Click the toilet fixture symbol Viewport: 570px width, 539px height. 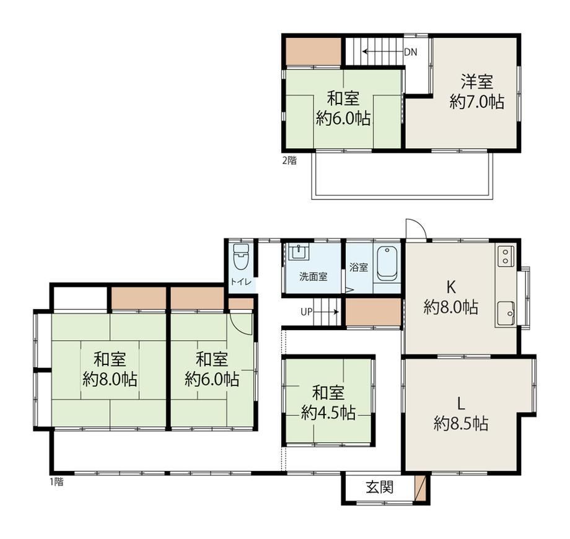[x=240, y=256]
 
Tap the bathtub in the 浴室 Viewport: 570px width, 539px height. [x=387, y=264]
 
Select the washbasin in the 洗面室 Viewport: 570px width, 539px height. [x=299, y=252]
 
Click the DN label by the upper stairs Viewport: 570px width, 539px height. [x=411, y=52]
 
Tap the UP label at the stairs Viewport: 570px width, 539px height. [x=306, y=312]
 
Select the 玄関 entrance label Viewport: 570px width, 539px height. [x=380, y=487]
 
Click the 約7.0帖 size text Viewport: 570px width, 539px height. [x=476, y=102]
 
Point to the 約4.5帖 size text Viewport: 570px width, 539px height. [x=328, y=413]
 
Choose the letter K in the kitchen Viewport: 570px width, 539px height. [x=451, y=287]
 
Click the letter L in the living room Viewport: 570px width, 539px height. [x=460, y=403]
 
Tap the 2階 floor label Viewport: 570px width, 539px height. [x=289, y=160]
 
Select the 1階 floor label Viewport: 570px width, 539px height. [x=56, y=481]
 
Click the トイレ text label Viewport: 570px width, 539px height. [x=240, y=281]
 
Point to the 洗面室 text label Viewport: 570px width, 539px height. [x=313, y=276]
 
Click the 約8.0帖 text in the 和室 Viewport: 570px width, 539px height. [x=110, y=380]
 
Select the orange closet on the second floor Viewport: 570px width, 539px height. [x=313, y=51]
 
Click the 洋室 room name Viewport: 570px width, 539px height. [x=476, y=81]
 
